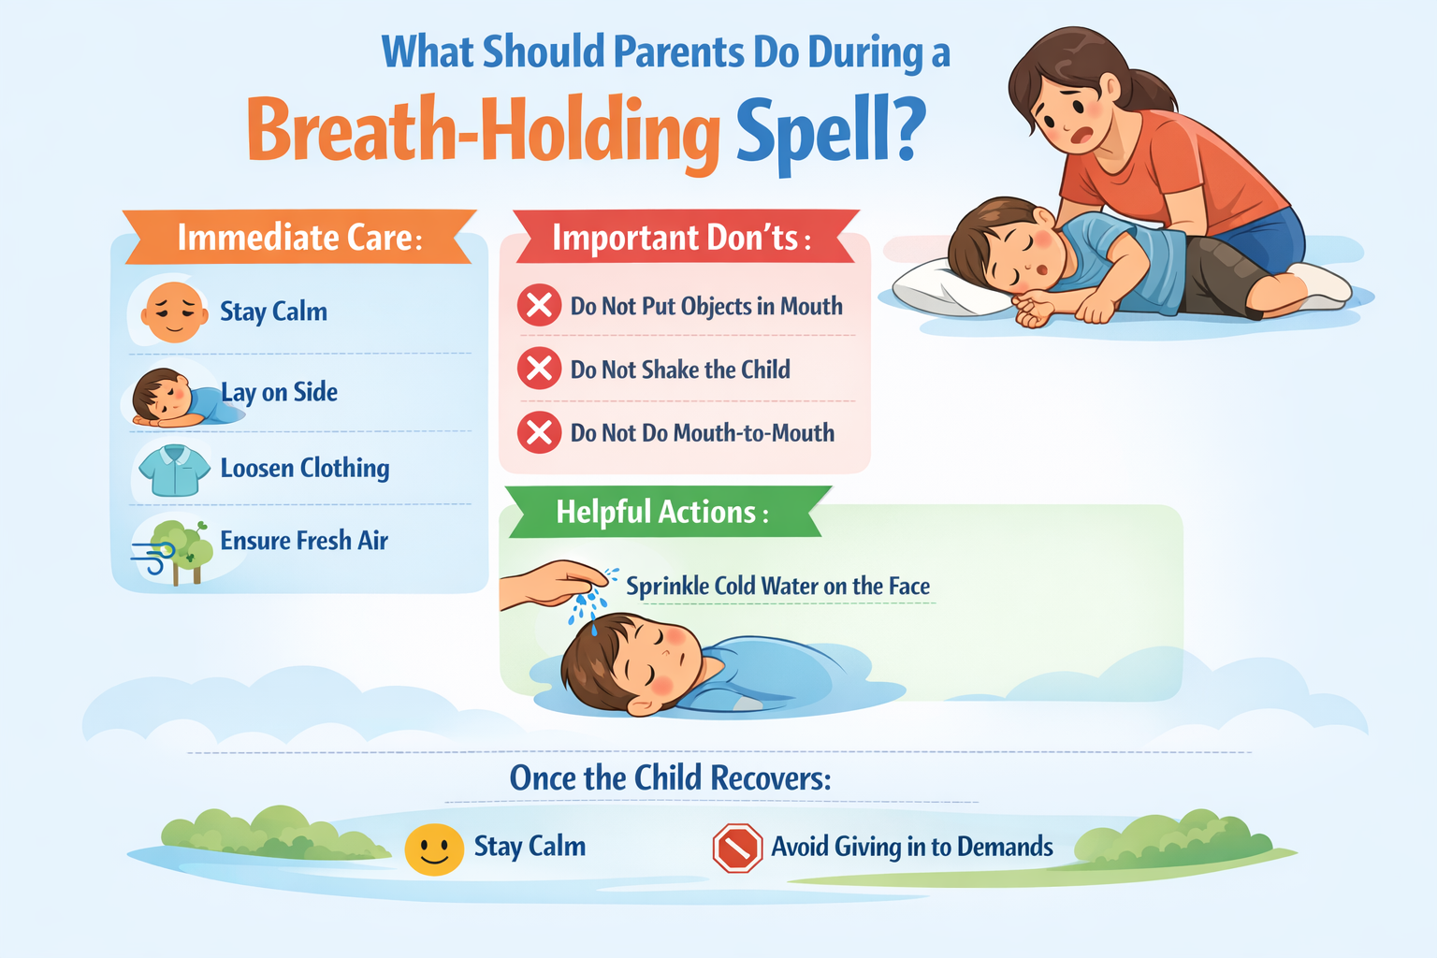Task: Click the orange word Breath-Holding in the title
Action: [x=482, y=130]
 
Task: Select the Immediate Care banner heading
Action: [x=299, y=238]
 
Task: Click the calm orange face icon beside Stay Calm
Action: [x=174, y=312]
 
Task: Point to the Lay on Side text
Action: [x=280, y=392]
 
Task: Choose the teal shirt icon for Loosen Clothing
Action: [x=174, y=470]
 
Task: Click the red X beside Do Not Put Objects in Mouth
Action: [x=539, y=306]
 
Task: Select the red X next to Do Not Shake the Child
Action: [x=539, y=369]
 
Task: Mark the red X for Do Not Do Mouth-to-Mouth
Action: [x=539, y=432]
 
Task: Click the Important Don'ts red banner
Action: [x=681, y=238]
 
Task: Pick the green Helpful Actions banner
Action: [x=662, y=512]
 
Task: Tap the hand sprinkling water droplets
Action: [x=552, y=582]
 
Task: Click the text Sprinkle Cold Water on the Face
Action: [x=777, y=587]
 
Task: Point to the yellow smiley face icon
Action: [x=434, y=849]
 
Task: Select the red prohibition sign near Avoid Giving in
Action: [x=737, y=848]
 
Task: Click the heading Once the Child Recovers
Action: [x=670, y=778]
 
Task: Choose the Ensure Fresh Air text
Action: [x=304, y=541]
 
